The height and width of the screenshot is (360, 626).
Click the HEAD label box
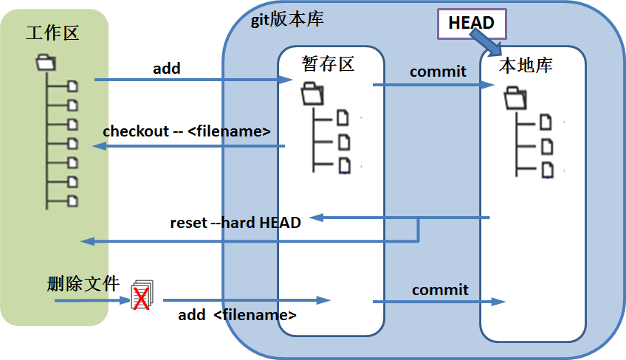[x=471, y=24]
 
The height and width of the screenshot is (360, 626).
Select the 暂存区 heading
[x=329, y=63]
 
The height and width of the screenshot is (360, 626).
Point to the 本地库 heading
[x=526, y=65]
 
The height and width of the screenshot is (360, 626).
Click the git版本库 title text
[x=286, y=19]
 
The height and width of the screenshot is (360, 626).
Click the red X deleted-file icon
[x=141, y=297]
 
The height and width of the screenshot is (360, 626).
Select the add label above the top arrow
[x=167, y=69]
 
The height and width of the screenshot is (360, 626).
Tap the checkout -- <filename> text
[x=187, y=131]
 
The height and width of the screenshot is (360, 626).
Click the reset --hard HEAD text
[x=235, y=222]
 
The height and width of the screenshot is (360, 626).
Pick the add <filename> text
[x=237, y=315]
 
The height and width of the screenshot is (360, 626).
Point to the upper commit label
[x=438, y=72]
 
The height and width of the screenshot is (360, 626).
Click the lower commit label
[x=440, y=290]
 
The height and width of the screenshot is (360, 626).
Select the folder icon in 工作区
[x=45, y=63]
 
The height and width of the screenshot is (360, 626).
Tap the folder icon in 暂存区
[x=312, y=94]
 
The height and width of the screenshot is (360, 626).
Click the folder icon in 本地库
[x=515, y=97]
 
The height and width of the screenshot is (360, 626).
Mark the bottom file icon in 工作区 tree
[x=72, y=201]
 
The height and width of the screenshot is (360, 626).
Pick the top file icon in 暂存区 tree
[x=343, y=117]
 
